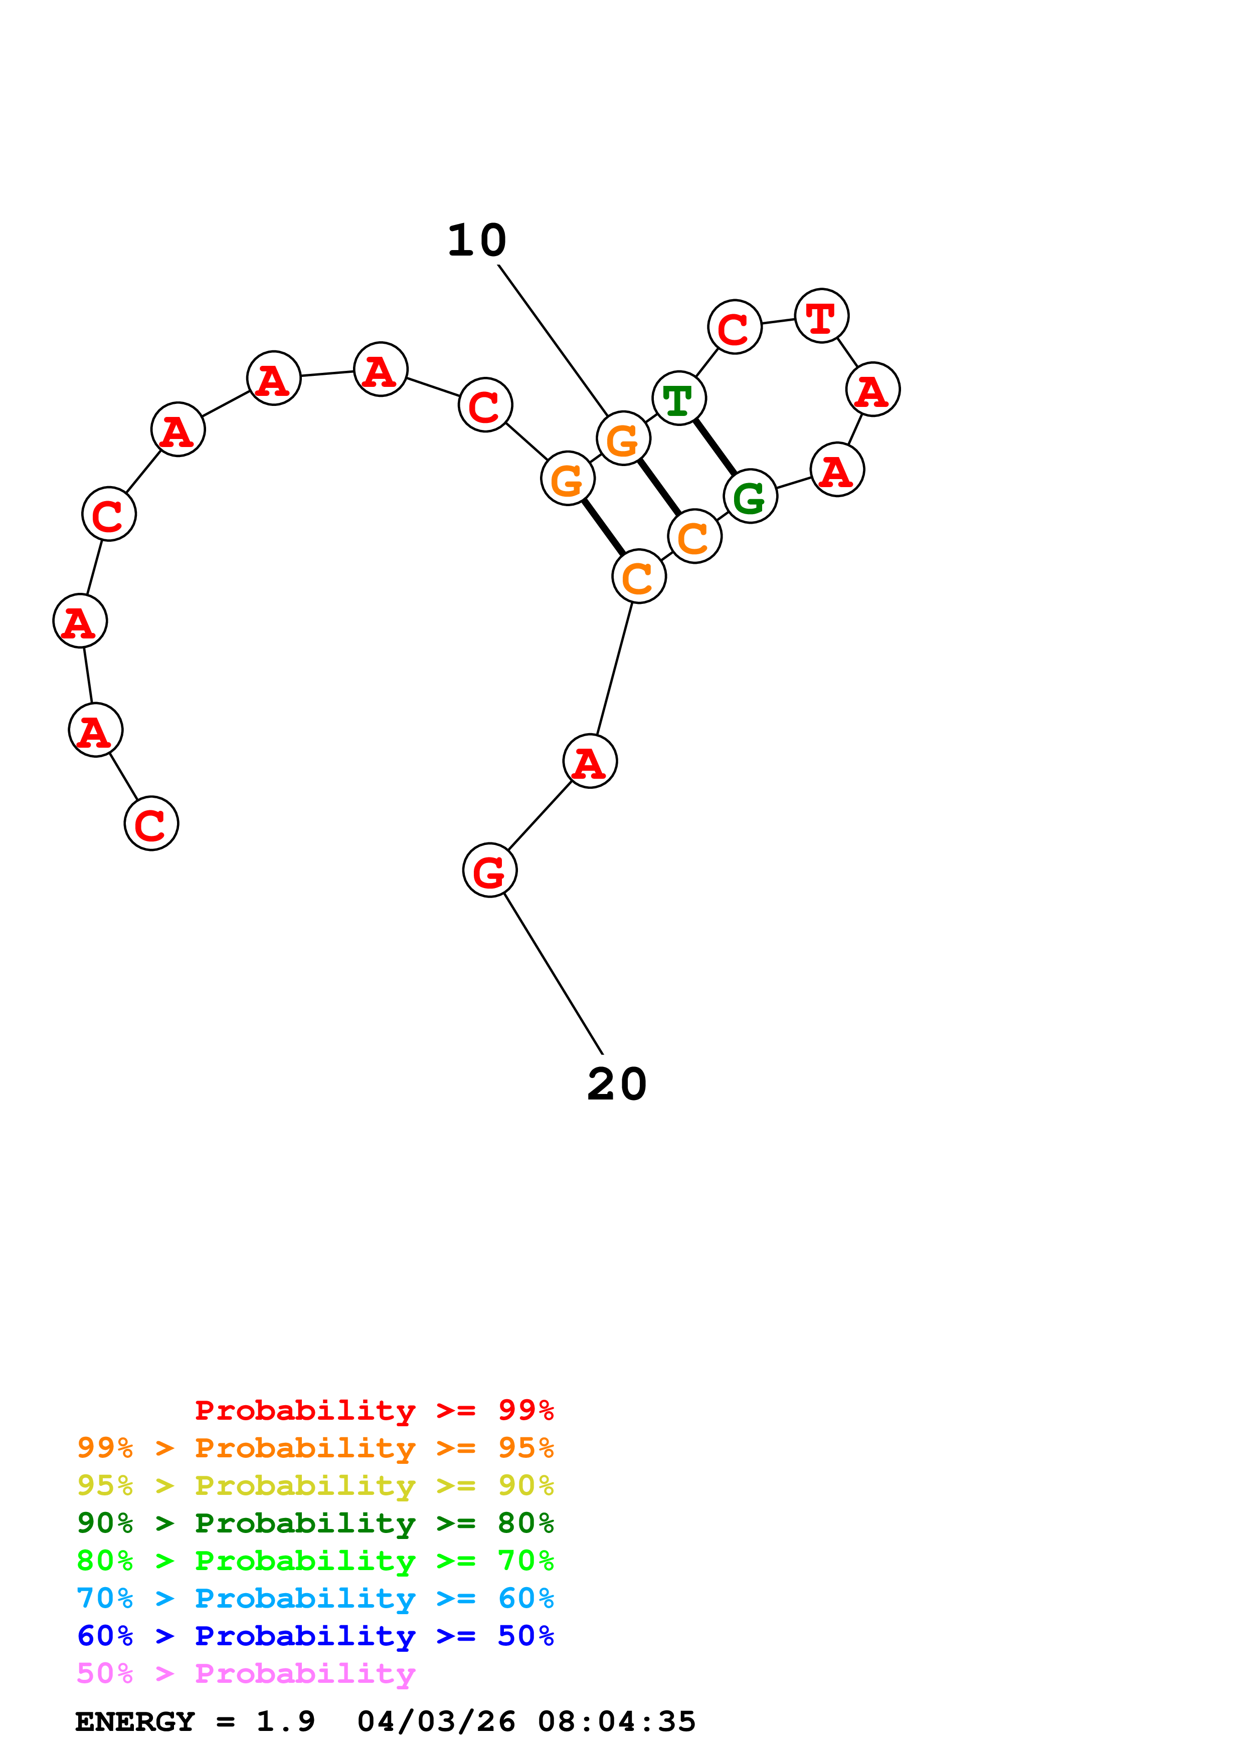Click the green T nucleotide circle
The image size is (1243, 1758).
678,398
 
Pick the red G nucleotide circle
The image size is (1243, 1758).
489,870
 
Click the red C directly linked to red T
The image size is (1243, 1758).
735,328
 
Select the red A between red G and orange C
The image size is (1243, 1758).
590,761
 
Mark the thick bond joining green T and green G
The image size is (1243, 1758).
715,447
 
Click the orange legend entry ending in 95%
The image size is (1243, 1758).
315,1448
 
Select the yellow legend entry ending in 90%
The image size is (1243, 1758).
315,1485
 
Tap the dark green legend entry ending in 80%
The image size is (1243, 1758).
315,1523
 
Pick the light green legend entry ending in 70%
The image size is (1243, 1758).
315,1561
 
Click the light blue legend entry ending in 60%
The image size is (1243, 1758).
315,1598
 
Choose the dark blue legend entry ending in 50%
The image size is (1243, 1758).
315,1636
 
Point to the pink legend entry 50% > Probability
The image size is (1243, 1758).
246,1673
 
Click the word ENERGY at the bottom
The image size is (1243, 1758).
135,1722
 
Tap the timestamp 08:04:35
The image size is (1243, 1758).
617,1722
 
